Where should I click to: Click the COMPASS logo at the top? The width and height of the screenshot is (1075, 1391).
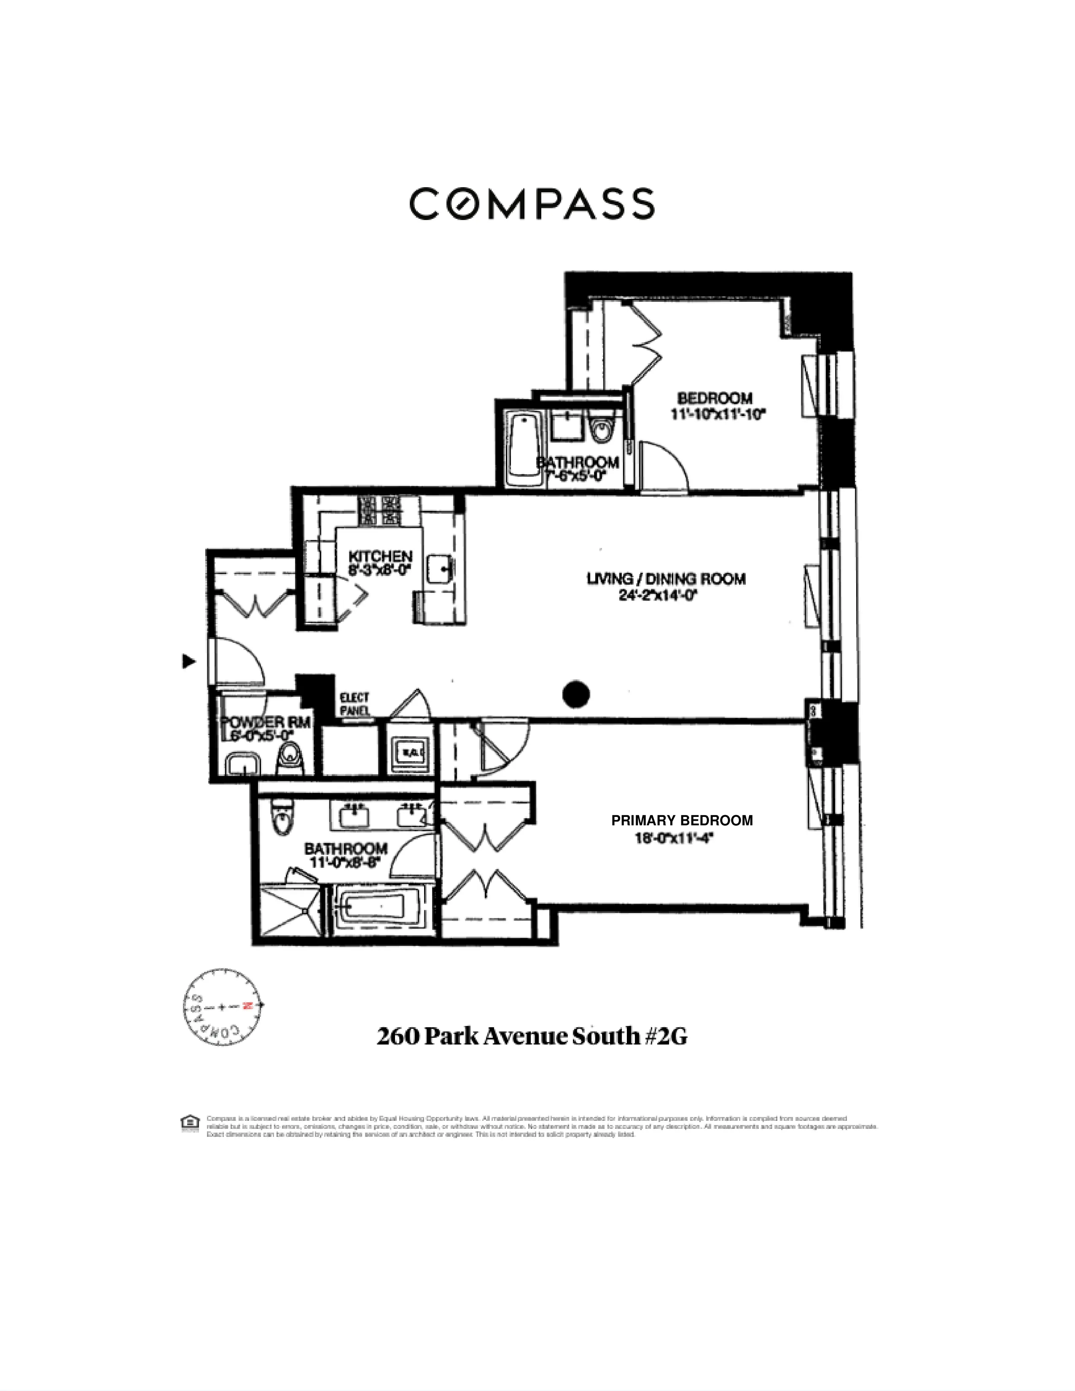[x=532, y=204]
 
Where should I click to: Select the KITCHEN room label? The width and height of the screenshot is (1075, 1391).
[x=380, y=556]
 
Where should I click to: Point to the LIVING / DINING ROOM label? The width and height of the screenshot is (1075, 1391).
[x=666, y=578]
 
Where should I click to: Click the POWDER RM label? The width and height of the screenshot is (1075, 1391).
[x=266, y=722]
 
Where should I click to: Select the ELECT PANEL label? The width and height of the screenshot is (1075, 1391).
[x=355, y=704]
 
